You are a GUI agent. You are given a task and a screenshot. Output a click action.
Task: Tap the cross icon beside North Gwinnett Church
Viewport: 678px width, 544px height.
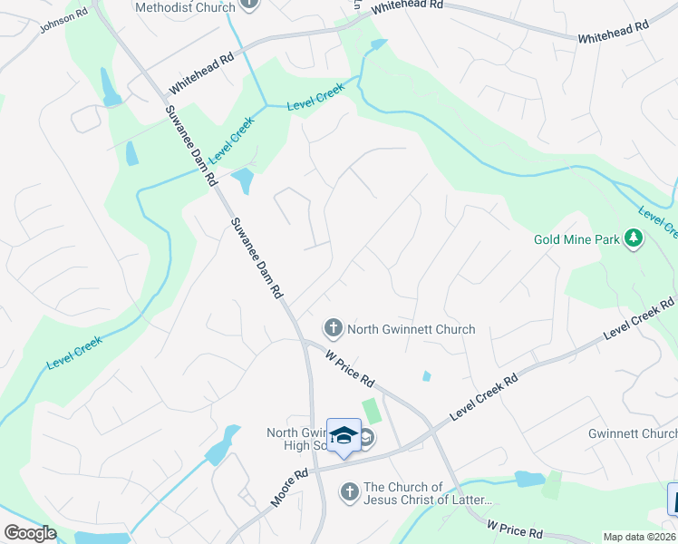(333, 327)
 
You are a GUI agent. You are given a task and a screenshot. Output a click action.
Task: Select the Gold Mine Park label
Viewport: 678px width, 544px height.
(576, 239)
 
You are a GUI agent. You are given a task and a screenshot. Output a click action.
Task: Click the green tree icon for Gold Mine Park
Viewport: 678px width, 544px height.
(634, 238)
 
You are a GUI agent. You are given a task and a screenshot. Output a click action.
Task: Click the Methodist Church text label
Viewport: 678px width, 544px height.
(185, 7)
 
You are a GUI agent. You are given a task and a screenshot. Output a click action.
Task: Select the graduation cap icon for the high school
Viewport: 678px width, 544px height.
(344, 436)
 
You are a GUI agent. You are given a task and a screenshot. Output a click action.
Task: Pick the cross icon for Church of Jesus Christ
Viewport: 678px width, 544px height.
(349, 492)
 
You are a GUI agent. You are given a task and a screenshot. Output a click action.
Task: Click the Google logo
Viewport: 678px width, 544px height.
(30, 533)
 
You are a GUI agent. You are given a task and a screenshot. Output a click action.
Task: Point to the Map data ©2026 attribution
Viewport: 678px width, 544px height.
(640, 537)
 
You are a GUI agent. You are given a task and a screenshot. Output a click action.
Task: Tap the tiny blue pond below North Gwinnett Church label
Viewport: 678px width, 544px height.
(426, 375)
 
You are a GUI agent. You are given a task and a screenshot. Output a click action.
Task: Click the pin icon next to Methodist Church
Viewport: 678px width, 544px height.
(250, 5)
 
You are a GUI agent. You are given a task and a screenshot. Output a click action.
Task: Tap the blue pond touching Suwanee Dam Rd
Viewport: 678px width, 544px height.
(242, 180)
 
